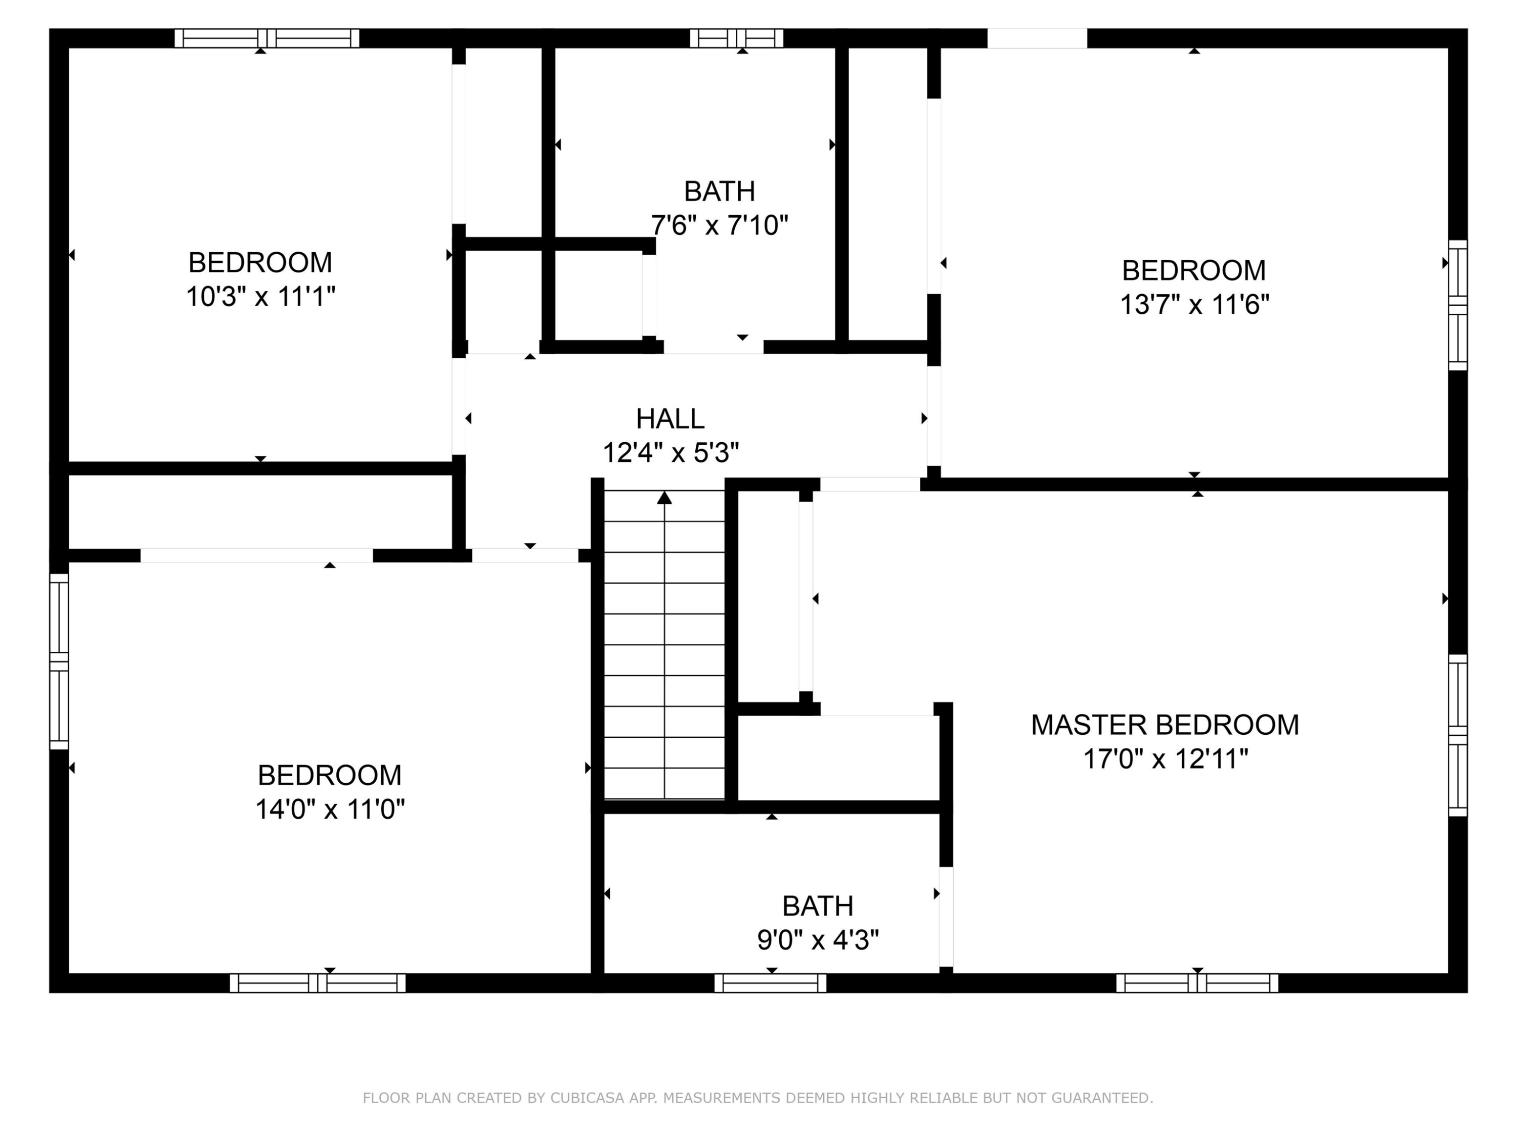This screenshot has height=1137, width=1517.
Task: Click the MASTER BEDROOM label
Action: click(1165, 725)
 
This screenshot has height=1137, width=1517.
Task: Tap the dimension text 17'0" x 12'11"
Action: click(1165, 760)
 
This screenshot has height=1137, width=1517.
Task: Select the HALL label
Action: click(670, 419)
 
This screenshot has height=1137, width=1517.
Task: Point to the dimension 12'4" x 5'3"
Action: click(671, 453)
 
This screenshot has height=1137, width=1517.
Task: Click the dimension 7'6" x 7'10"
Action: click(720, 225)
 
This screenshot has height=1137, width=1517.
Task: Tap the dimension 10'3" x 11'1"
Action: click(260, 297)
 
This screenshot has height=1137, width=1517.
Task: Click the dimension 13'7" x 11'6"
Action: click(1194, 304)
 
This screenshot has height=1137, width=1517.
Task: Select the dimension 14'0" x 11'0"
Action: click(330, 810)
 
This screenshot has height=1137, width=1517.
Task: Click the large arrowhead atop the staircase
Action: click(664, 498)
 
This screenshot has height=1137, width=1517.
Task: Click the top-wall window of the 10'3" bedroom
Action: click(267, 38)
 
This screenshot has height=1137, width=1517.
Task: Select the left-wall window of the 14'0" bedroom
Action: click(60, 661)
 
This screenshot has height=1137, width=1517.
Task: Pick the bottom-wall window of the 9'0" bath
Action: click(770, 983)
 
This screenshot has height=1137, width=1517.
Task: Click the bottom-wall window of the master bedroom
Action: click(1197, 983)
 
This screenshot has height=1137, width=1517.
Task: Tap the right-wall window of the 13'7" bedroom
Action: click(1457, 305)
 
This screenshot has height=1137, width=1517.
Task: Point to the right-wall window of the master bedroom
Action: click(1457, 735)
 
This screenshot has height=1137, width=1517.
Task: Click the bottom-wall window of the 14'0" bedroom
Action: click(318, 983)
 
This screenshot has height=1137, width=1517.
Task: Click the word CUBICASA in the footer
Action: click(587, 1098)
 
